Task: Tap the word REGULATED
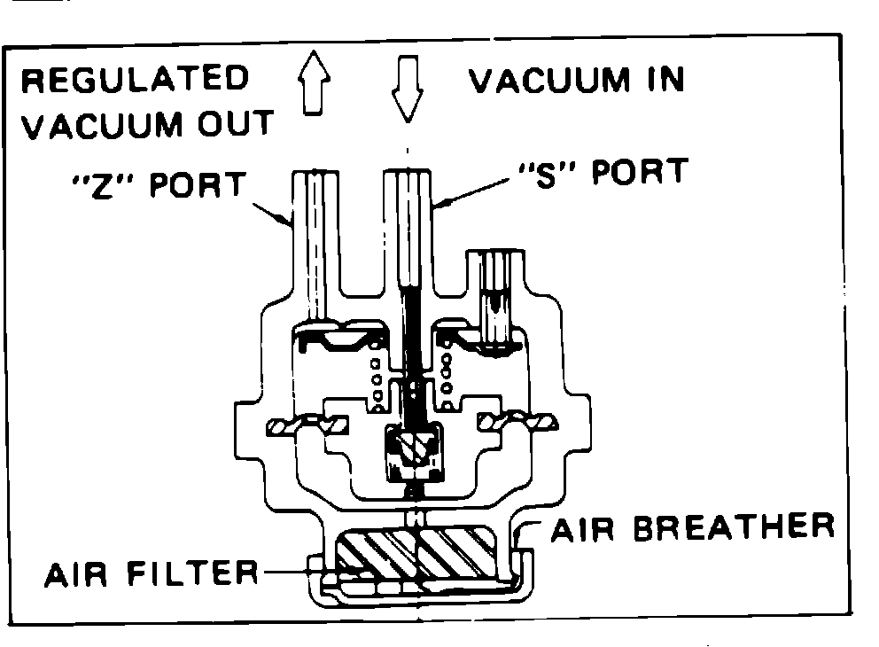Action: point(135,81)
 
